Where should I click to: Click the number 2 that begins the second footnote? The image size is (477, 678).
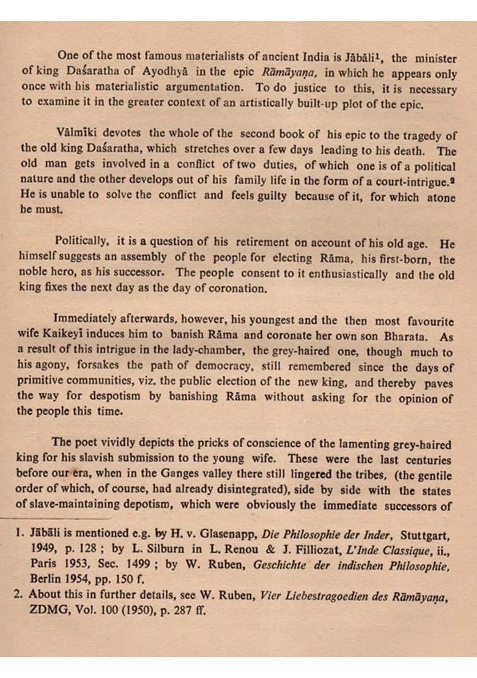point(18,594)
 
